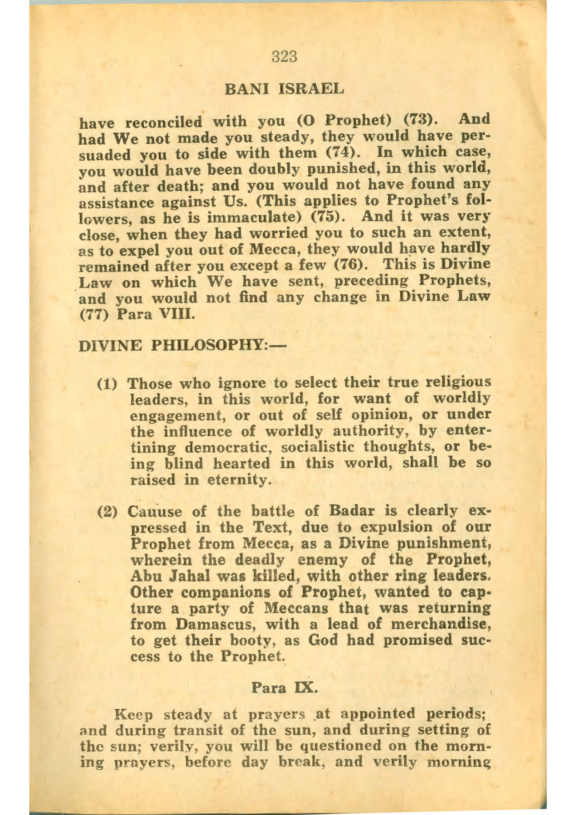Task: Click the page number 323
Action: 284,57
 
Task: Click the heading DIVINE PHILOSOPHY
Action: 182,345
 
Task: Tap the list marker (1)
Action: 107,384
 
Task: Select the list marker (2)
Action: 107,512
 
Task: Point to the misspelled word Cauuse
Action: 155,512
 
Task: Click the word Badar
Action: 352,511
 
